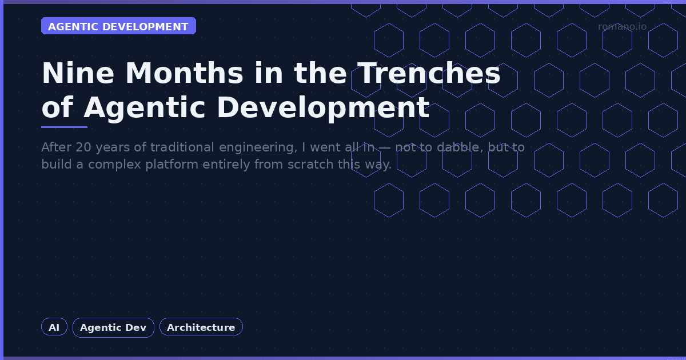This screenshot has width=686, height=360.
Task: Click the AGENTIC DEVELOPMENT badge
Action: (x=118, y=26)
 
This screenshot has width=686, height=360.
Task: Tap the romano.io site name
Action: (x=622, y=26)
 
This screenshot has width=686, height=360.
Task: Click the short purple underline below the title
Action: (x=64, y=127)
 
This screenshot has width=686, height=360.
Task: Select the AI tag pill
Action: (x=54, y=327)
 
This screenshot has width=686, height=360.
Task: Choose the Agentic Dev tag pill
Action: (x=113, y=327)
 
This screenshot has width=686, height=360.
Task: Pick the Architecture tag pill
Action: (x=201, y=327)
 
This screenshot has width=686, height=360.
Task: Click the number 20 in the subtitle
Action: (x=83, y=147)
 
